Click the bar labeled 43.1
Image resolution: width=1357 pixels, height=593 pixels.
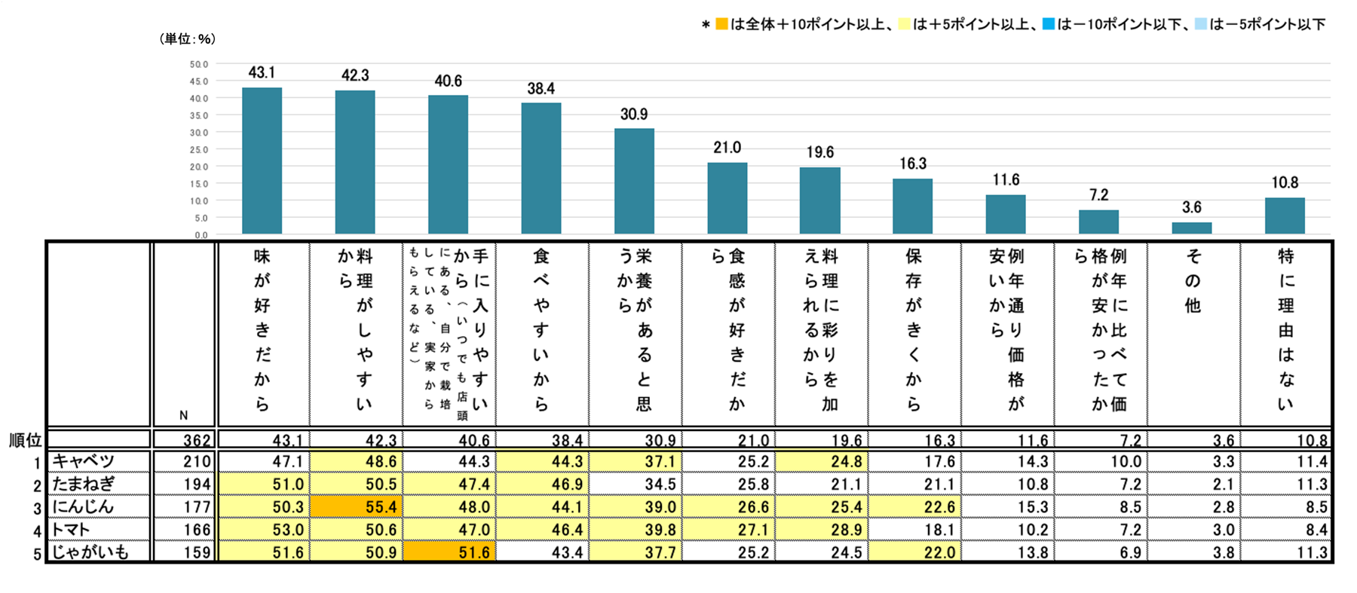(262, 160)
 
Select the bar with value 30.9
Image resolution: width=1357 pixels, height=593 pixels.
(634, 181)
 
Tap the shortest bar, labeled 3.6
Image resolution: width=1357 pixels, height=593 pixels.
(1192, 228)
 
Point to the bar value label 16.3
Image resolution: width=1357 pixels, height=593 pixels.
(913, 164)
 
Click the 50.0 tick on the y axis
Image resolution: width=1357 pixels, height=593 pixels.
(199, 65)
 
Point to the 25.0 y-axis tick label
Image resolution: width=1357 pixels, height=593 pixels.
(199, 150)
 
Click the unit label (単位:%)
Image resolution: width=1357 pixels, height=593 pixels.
(188, 39)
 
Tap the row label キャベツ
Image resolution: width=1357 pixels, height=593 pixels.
(84, 461)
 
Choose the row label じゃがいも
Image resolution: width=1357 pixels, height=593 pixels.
(90, 552)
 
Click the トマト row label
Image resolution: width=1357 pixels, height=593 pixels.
(72, 530)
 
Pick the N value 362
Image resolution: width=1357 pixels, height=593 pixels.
(198, 440)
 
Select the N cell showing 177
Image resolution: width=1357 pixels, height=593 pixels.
(198, 507)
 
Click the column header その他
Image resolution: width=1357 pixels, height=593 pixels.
(1193, 281)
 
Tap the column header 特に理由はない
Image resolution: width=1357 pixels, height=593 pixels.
(1285, 329)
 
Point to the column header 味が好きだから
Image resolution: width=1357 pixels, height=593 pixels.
(262, 329)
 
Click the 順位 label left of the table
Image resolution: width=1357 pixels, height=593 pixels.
(25, 440)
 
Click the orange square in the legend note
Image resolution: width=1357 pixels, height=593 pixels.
(721, 24)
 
